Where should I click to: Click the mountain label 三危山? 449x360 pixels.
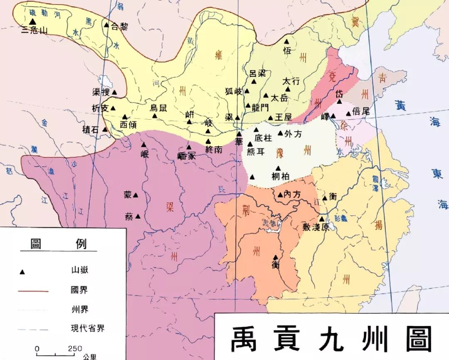click(35, 30)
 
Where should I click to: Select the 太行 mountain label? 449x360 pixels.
click(291, 81)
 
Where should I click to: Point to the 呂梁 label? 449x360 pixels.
click(257, 73)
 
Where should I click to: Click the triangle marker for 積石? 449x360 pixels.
click(105, 129)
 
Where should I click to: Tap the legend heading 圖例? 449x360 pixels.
click(58, 244)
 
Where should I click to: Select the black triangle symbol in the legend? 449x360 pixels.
click(22, 272)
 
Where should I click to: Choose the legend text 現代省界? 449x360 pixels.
click(88, 328)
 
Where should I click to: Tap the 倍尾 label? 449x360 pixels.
click(360, 111)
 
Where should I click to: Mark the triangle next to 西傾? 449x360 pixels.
click(124, 117)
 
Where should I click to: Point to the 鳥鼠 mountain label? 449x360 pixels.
click(158, 108)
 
